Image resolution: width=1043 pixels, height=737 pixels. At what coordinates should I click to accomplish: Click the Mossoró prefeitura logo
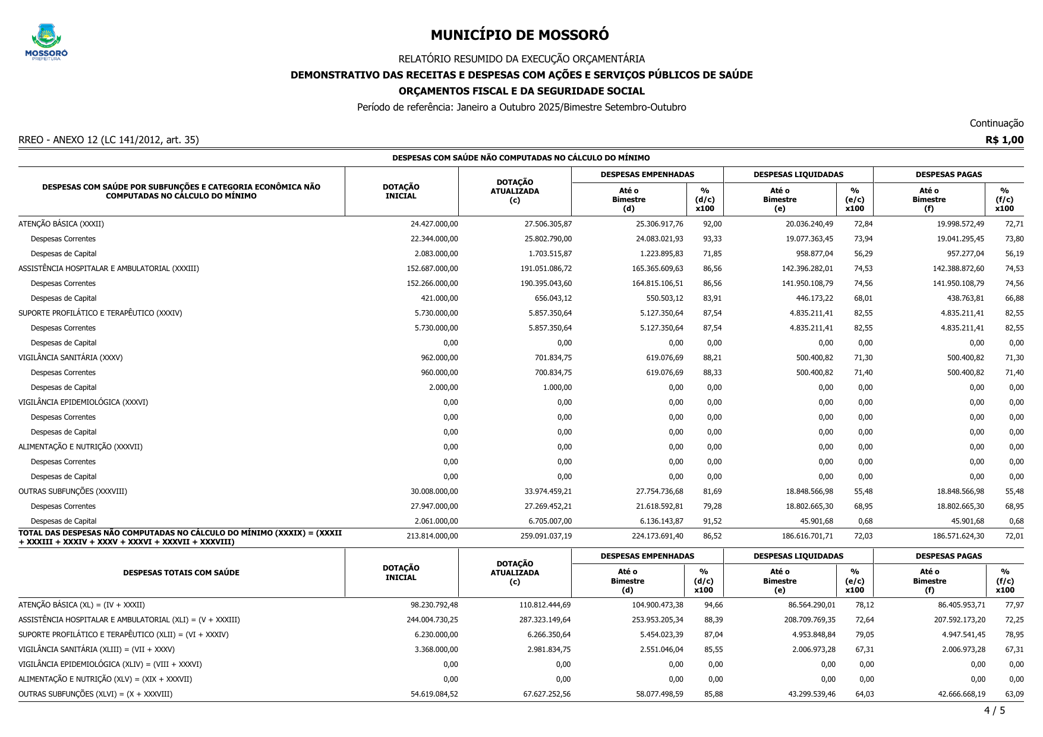click(46, 42)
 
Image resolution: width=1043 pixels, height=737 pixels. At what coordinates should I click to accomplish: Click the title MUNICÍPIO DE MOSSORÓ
click(519, 35)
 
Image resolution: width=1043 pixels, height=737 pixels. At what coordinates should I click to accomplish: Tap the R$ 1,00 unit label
click(1004, 140)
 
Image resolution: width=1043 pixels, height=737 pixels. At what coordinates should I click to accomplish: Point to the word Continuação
click(996, 123)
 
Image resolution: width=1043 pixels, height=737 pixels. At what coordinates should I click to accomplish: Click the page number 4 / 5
click(994, 710)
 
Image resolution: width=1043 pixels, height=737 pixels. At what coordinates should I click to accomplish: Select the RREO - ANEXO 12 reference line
click(109, 140)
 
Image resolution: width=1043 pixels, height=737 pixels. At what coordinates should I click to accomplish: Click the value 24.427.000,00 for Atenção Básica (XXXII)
click(434, 224)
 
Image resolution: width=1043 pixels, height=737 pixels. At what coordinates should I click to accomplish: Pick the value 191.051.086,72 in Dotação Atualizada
click(546, 269)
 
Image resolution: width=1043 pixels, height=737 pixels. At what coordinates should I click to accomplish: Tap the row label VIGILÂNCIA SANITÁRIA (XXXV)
click(71, 358)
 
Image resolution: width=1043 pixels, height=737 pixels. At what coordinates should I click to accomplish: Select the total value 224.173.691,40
click(657, 536)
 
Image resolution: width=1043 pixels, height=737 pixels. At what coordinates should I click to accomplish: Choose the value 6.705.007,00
click(550, 521)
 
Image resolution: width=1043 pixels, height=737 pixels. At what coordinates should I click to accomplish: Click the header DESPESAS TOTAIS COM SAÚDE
click(181, 573)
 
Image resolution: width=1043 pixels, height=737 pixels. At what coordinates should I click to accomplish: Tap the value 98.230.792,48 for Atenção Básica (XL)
click(434, 605)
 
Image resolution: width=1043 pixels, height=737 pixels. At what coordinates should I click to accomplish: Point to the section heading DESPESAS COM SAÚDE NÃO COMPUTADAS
click(521, 158)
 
